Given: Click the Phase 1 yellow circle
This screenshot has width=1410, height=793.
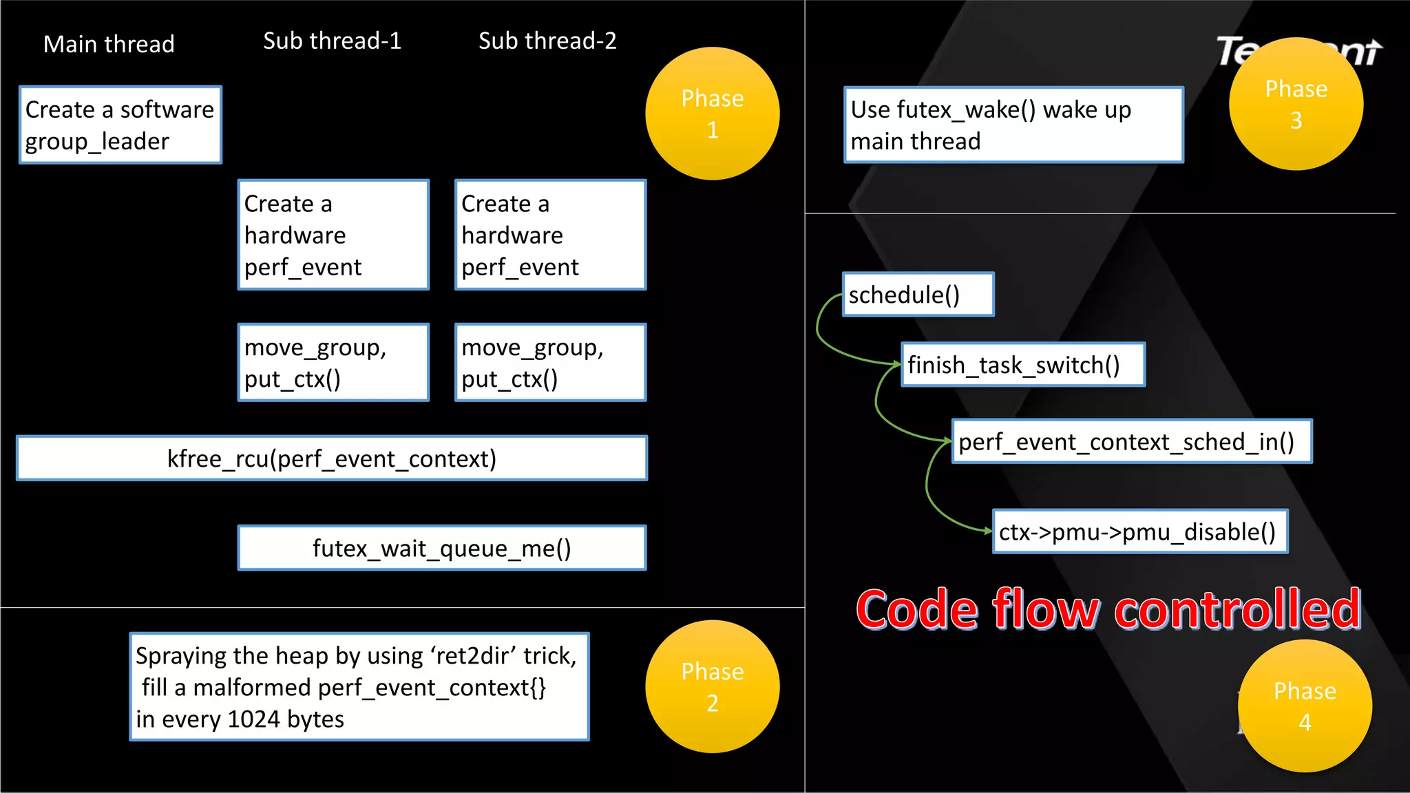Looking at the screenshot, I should pos(712,114).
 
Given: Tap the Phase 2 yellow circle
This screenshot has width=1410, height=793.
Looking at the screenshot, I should pos(712,686).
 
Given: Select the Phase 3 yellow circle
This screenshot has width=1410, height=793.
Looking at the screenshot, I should pos(1296,104).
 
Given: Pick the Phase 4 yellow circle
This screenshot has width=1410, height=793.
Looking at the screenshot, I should pos(1304,706).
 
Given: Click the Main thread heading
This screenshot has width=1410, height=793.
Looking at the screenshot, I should pos(109,44).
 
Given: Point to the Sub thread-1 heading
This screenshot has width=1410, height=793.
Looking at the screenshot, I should pos(332,41).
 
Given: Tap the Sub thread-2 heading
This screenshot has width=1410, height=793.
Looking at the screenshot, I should pos(547,41).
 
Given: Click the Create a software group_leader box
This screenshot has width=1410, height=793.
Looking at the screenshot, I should pos(120,125).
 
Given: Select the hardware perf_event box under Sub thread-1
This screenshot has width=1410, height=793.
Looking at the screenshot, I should pos(333,235).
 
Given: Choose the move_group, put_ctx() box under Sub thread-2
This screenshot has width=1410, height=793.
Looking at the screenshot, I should pos(550,362).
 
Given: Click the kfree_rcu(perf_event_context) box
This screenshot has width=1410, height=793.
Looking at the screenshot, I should pos(331,458).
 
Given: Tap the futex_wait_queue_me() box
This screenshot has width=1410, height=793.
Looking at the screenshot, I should pos(441,548).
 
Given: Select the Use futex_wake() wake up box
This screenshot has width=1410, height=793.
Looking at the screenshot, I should pos(1013,125).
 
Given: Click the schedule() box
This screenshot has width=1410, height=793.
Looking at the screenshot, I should pos(918,295).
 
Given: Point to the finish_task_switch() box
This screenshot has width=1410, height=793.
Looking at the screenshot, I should pos(1022,364).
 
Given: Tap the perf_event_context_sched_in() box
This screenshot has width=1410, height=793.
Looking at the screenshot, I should pos(1131,441).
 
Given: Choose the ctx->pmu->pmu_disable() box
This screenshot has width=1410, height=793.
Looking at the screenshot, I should pos(1139,531).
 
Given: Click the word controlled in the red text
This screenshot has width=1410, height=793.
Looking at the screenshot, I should pos(1237,610).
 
